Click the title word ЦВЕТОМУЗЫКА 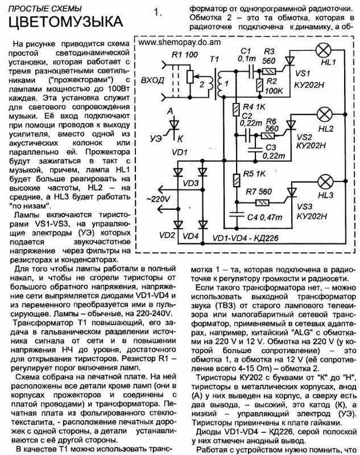tap(65, 22)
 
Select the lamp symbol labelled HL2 tap(325, 114)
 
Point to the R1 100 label tap(185, 55)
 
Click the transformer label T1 tap(214, 59)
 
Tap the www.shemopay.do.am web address tap(179, 42)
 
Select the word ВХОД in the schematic tap(153, 80)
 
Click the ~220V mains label tap(158, 199)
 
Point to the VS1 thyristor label tap(303, 74)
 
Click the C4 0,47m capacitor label tap(264, 217)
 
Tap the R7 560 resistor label tap(259, 192)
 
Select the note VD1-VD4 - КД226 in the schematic tap(246, 238)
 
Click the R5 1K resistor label tap(254, 174)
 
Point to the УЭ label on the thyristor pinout tap(156, 139)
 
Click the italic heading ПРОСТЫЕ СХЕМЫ tap(45, 9)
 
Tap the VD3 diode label tap(191, 183)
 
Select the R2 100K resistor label tap(273, 86)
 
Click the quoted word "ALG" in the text tap(291, 333)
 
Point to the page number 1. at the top tap(158, 13)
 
